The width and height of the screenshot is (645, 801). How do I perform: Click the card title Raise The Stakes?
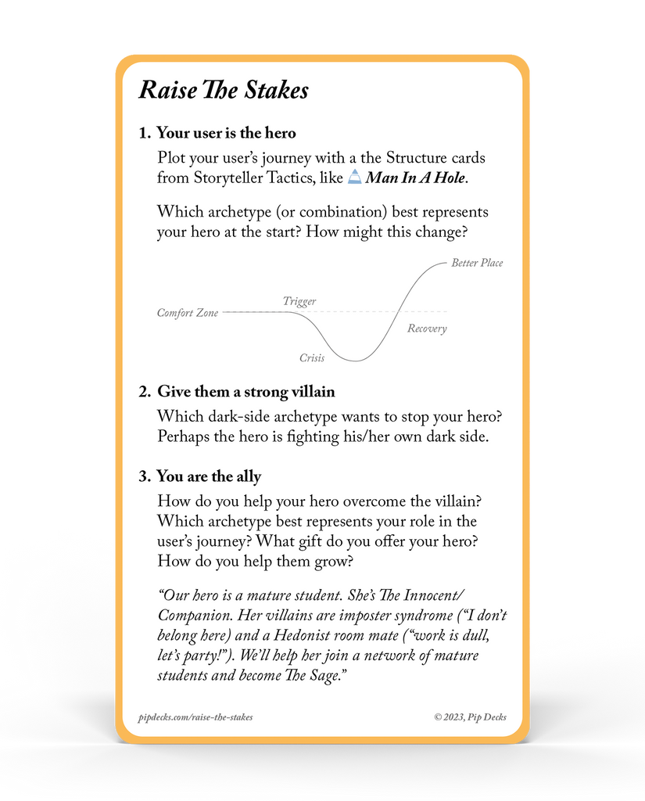[x=224, y=90]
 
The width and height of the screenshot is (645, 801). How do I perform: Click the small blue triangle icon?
[x=354, y=177]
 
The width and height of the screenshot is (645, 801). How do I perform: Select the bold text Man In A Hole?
[x=415, y=178]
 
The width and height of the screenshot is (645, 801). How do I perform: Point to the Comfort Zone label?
[x=188, y=313]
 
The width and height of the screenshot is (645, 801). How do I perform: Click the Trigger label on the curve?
[x=299, y=301]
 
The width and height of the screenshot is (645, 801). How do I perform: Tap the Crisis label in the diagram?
[x=312, y=358]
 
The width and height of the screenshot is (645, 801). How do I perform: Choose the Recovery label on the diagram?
[x=427, y=329]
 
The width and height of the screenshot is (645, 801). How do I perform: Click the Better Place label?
[x=477, y=263]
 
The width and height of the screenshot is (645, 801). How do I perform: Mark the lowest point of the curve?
[x=357, y=361]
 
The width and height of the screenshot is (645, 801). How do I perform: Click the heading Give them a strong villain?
[x=246, y=392]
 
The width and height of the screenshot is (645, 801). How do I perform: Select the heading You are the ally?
[x=209, y=476]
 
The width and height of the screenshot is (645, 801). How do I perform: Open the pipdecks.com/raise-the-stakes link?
[x=195, y=717]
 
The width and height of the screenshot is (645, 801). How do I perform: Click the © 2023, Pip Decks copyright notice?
[x=471, y=717]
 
